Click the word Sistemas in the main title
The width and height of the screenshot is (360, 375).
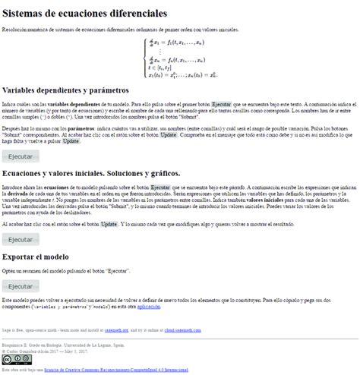point(27,14)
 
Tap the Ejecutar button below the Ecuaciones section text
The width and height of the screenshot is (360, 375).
point(21,238)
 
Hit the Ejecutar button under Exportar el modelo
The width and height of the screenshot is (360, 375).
point(21,285)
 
